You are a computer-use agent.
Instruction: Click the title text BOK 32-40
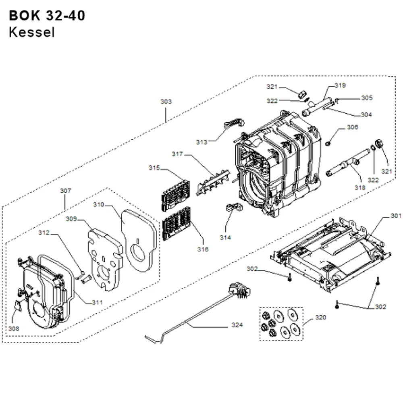(x=47, y=15)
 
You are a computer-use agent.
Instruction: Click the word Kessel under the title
(x=31, y=32)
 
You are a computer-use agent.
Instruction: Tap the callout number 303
(x=166, y=102)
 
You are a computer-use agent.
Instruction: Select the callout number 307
(x=66, y=191)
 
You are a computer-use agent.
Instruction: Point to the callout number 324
(x=237, y=325)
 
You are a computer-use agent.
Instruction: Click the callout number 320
(x=320, y=318)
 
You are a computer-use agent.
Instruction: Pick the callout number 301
(x=396, y=216)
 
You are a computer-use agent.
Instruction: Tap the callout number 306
(x=352, y=127)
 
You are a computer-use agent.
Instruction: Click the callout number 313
(x=201, y=142)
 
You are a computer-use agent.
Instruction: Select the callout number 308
(x=14, y=328)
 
